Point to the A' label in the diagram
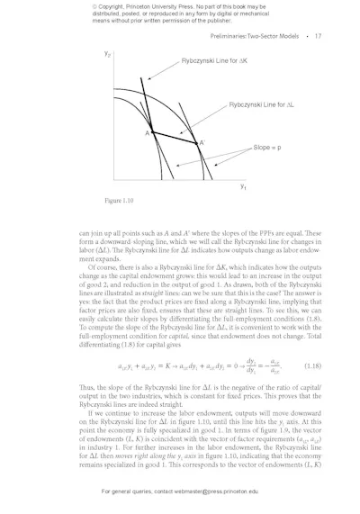coord(202,142)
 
